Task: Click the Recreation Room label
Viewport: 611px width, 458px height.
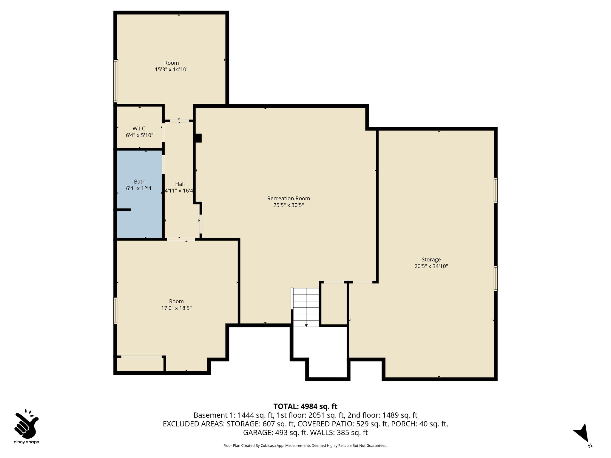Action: (x=288, y=199)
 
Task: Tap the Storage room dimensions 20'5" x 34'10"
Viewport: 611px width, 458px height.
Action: (x=431, y=266)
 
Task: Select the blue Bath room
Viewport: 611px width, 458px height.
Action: (x=140, y=194)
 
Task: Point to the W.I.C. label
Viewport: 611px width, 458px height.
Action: (x=140, y=129)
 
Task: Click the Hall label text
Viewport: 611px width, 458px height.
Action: (x=180, y=184)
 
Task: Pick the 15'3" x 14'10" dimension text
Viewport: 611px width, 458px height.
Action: (x=172, y=69)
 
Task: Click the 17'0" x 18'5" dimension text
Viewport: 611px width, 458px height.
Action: (x=176, y=308)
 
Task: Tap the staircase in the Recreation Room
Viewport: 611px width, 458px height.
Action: (x=306, y=307)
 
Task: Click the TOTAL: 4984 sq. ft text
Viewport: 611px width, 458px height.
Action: (x=305, y=406)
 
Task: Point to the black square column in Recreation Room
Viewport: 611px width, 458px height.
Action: (x=198, y=138)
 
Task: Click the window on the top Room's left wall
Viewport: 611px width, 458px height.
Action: (x=115, y=81)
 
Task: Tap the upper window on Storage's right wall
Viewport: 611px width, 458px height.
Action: (x=496, y=190)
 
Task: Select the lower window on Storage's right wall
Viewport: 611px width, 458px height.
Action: (x=496, y=278)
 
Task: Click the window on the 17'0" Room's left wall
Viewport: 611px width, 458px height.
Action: (x=115, y=311)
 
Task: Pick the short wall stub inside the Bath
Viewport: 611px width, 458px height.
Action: (x=124, y=210)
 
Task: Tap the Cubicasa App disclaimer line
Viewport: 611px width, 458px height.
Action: (x=305, y=446)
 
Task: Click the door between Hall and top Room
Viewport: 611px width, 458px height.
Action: (x=179, y=121)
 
